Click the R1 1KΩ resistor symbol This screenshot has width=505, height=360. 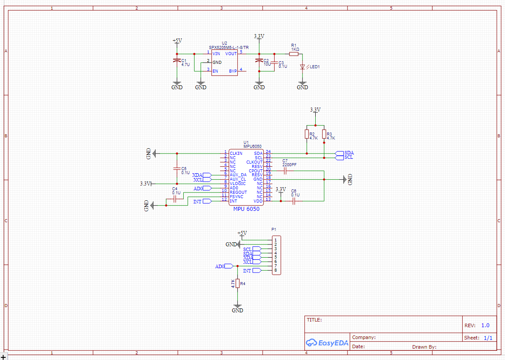pos(294,53)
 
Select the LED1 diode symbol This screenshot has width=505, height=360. pos(302,67)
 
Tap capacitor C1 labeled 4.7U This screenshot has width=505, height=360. pos(177,60)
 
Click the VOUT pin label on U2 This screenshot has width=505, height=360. pos(231,53)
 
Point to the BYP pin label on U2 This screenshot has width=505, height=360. pos(233,71)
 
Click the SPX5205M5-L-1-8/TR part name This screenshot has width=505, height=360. pos(229,47)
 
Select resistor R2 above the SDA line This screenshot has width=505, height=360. pos(306,134)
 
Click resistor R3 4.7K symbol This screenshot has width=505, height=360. pos(324,134)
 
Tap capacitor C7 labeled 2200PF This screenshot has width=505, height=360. pos(285,171)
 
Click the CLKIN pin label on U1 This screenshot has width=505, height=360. pos(236,154)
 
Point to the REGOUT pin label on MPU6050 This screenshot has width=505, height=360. pos(238,192)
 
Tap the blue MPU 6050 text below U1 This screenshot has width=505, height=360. pos(246,209)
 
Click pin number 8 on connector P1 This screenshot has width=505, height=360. pos(275,270)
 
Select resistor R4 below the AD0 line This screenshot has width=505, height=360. pos(237,283)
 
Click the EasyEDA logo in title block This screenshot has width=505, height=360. pos(327,343)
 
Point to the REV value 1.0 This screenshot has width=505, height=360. pos(485,325)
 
